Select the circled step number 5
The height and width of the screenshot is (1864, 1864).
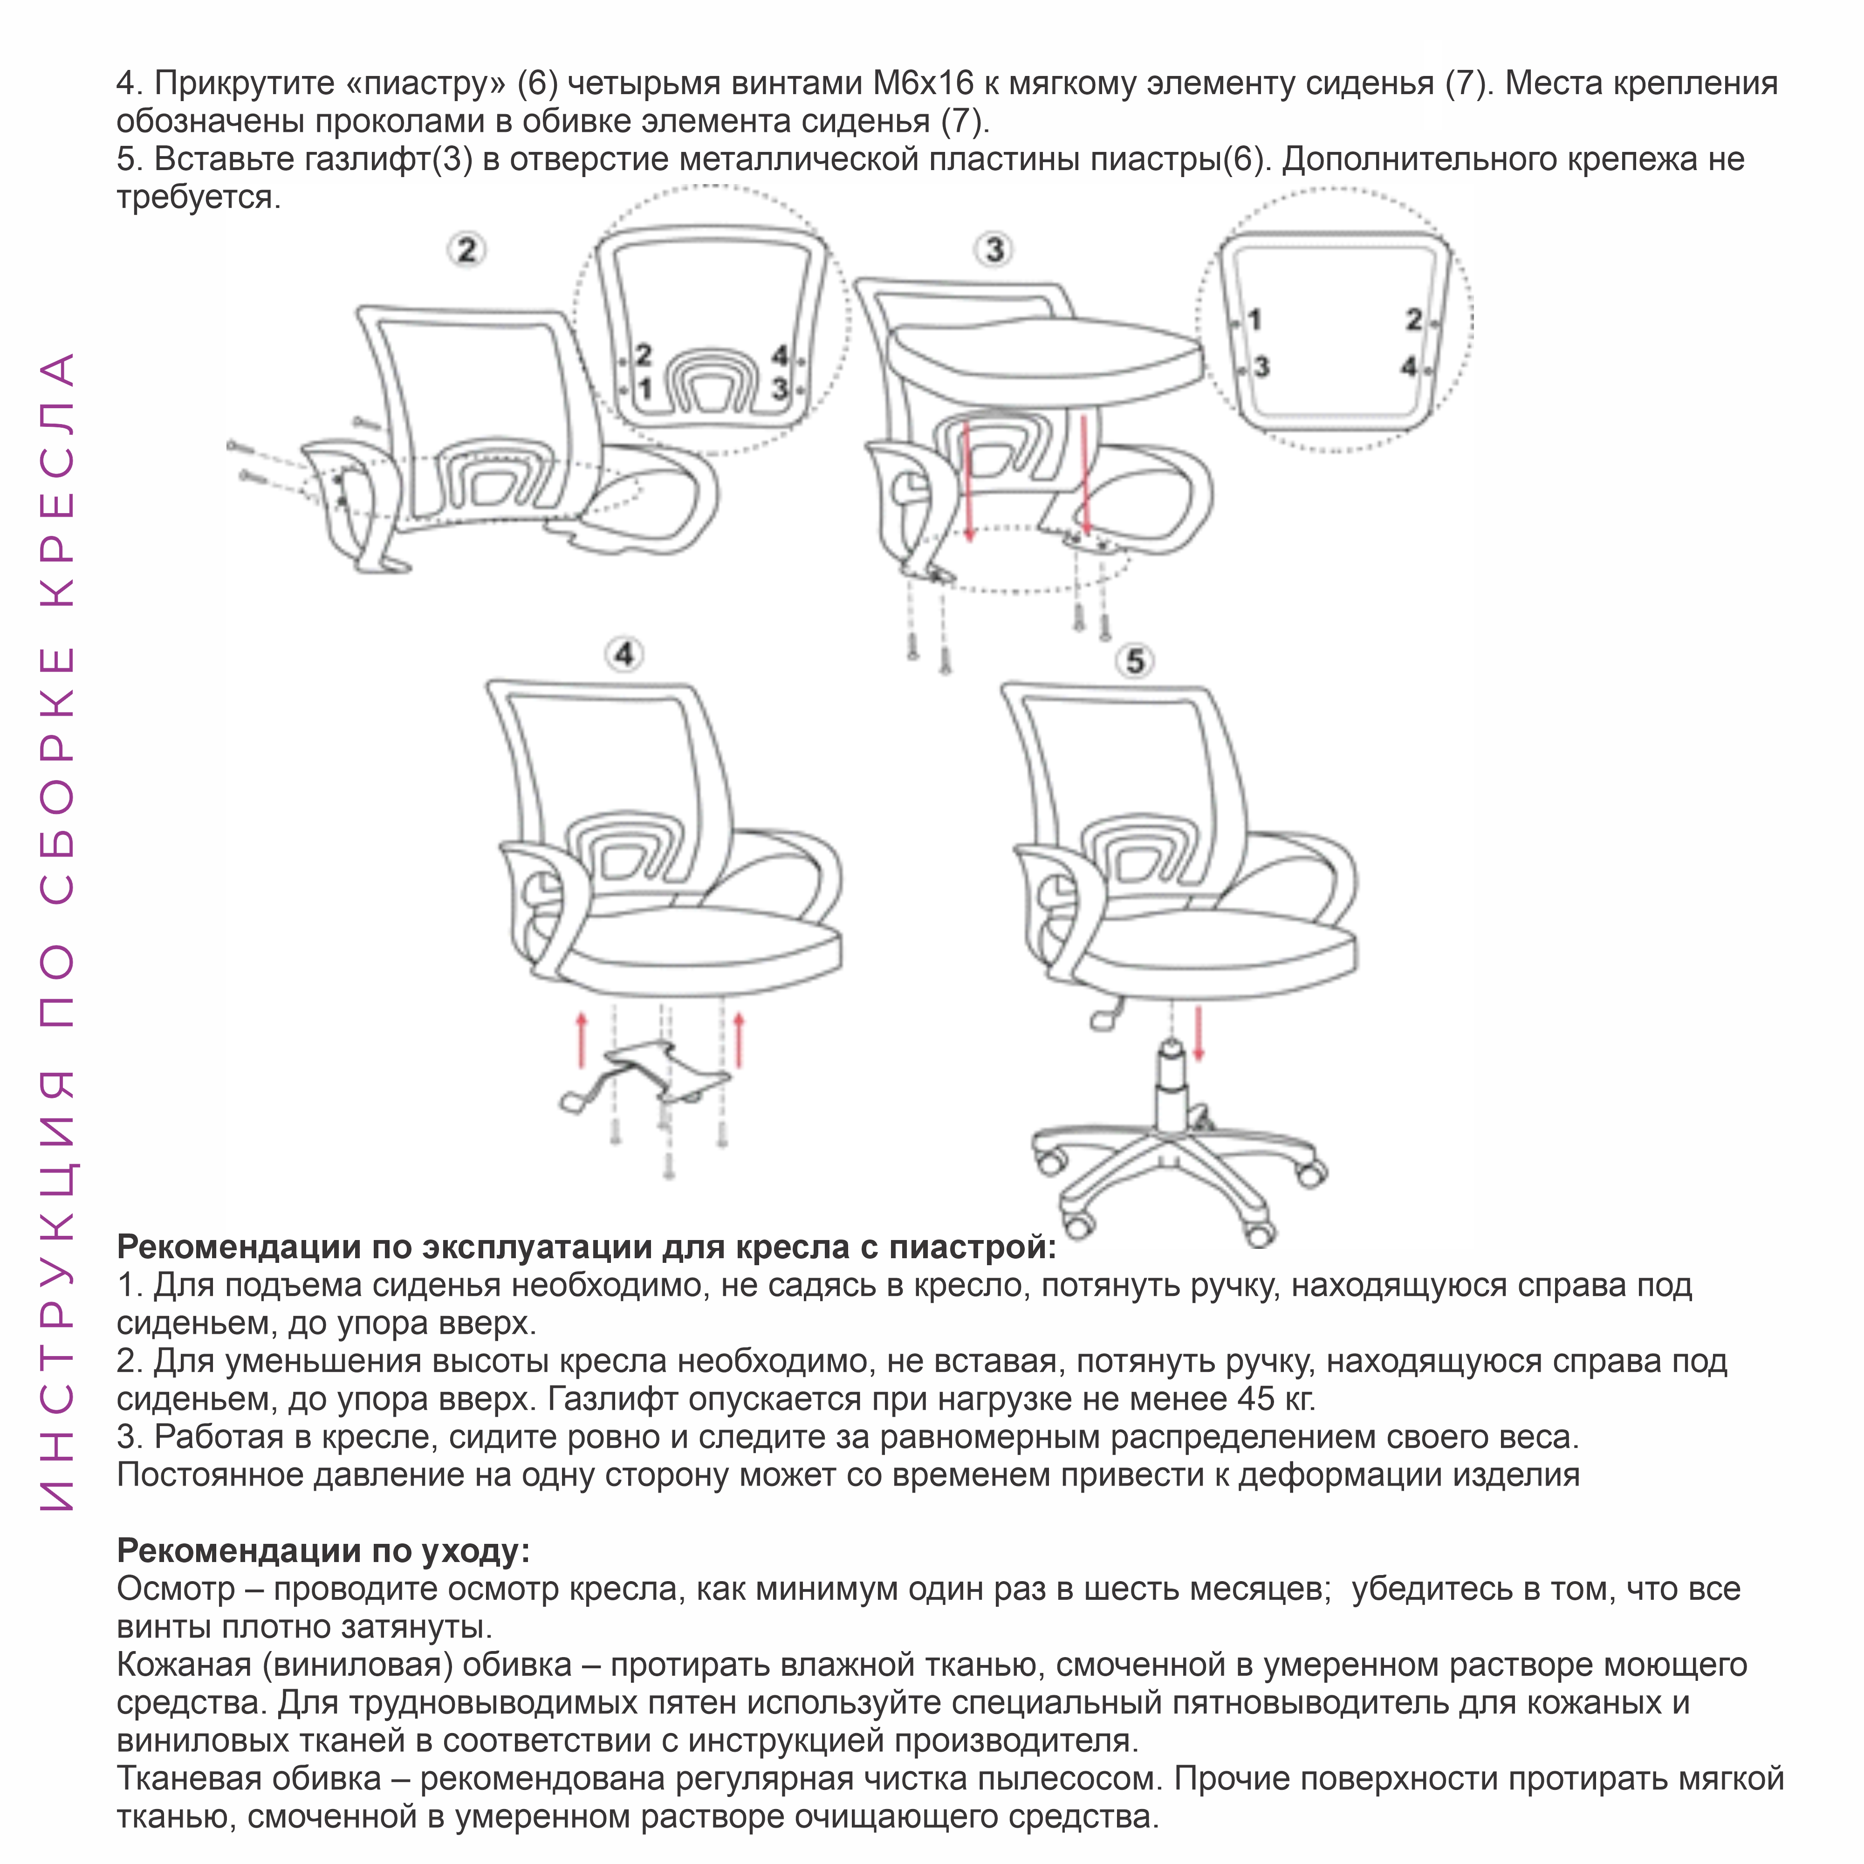[1136, 662]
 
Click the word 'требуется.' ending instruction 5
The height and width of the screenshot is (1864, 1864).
[199, 197]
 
